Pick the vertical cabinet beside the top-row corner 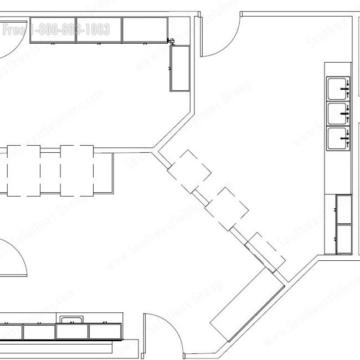pyautogui.click(x=180, y=68)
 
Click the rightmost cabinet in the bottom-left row pyautogui.click(x=105, y=332)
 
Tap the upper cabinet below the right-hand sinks pyautogui.click(x=344, y=209)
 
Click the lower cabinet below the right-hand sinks pyautogui.click(x=344, y=239)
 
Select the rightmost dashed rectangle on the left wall pyautogui.click(x=78, y=171)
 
